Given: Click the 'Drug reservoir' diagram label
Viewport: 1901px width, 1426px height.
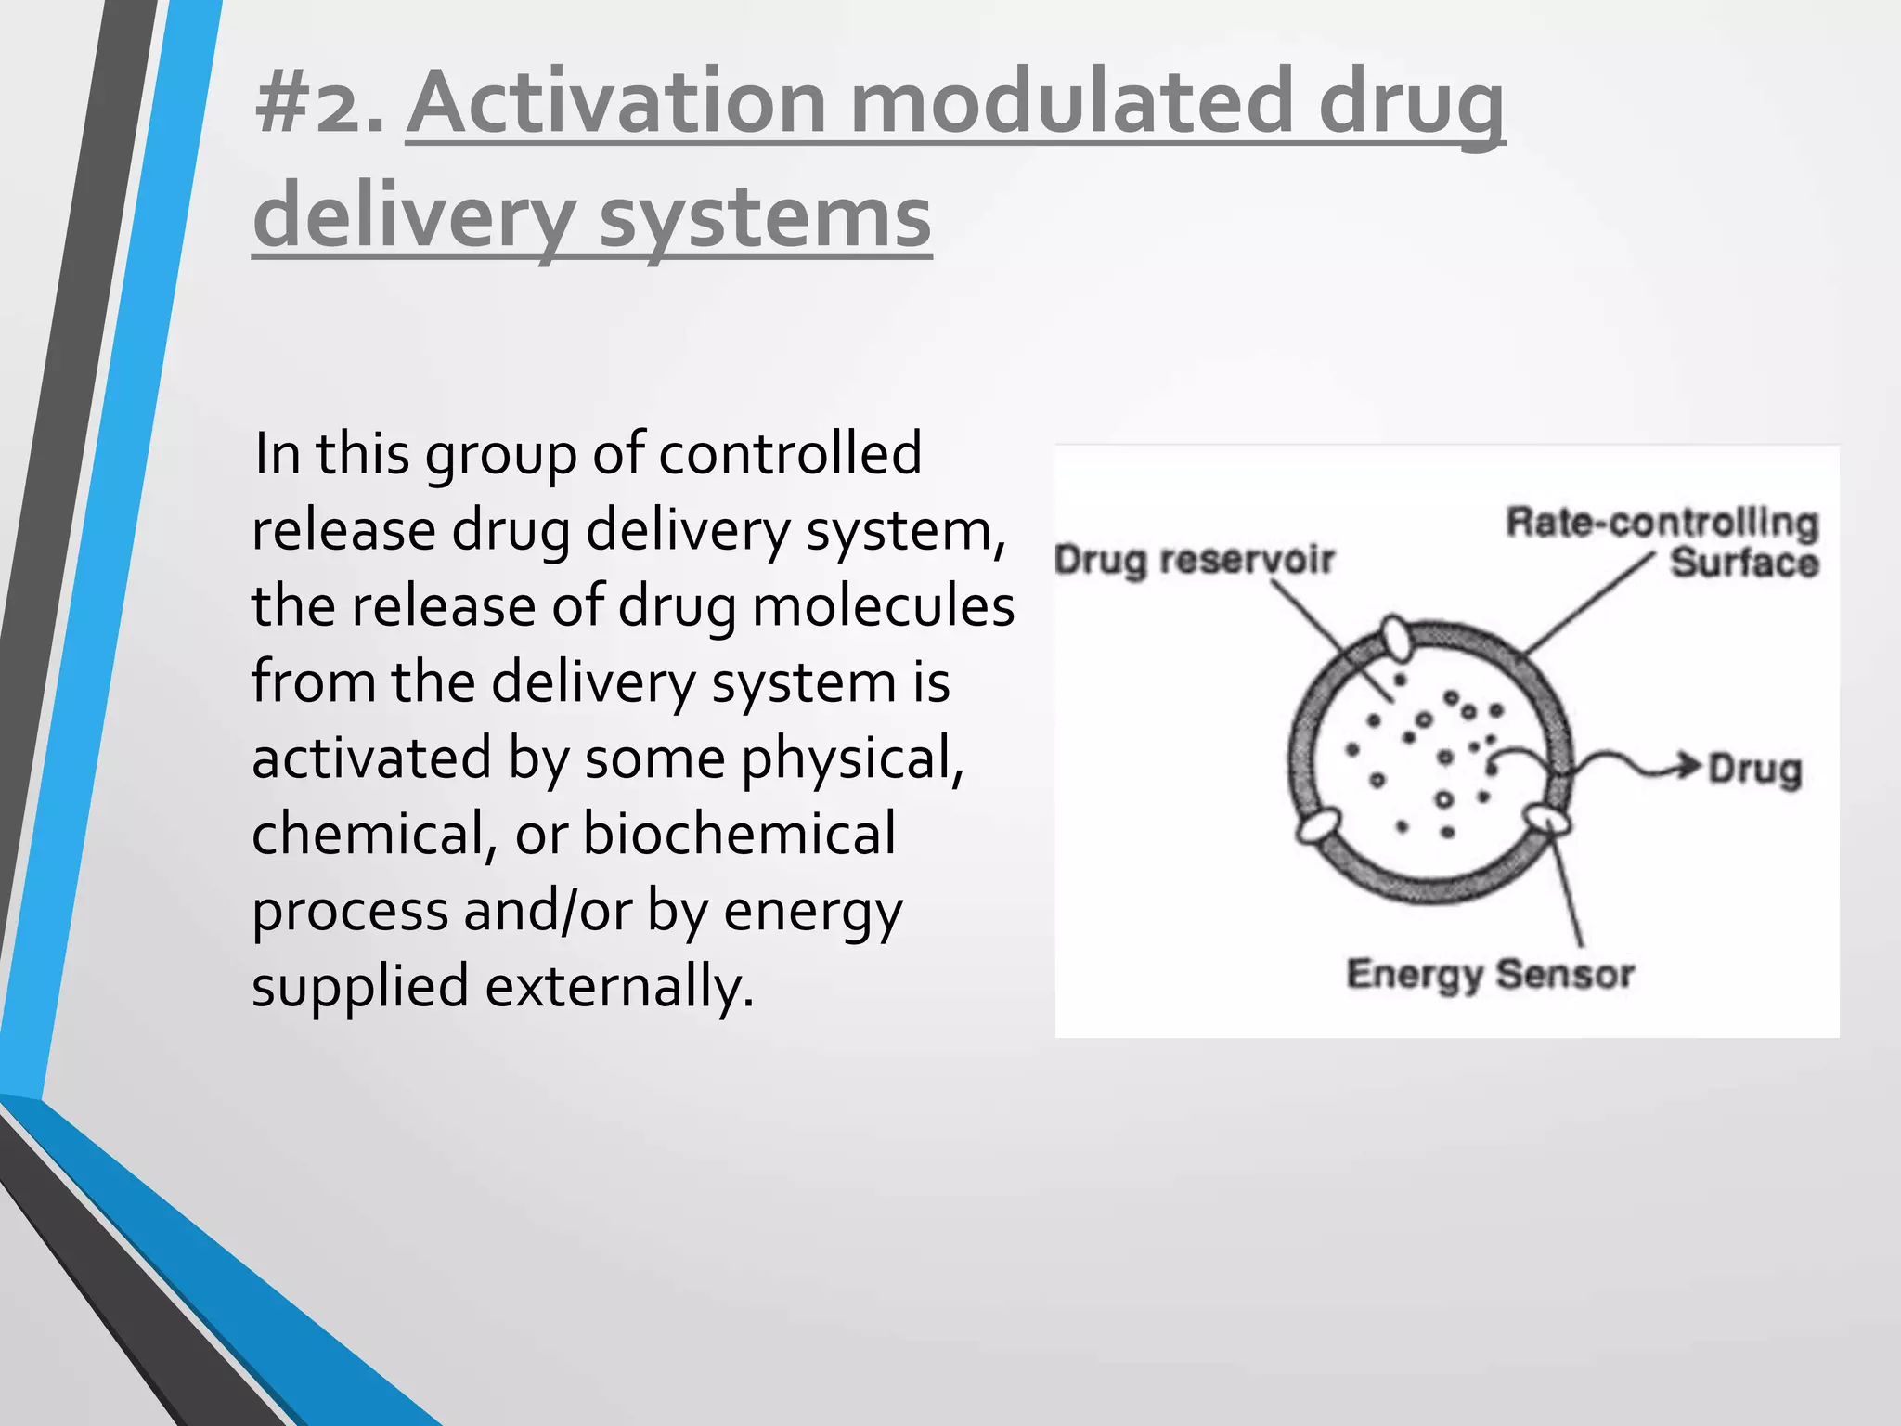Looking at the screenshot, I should click(1195, 561).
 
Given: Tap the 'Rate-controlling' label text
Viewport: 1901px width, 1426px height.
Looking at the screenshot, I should click(1661, 523).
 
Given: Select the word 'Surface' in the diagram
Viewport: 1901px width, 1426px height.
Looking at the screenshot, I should click(1743, 564).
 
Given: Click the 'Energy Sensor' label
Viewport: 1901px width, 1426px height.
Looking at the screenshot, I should click(1490, 975).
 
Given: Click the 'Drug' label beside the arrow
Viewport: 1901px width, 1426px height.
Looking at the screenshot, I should click(1754, 770).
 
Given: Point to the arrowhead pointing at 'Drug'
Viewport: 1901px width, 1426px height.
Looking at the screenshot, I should click(1691, 767).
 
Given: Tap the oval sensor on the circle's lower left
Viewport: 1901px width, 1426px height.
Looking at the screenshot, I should click(1317, 825).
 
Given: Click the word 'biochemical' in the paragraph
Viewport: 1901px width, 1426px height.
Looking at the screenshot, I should click(739, 834).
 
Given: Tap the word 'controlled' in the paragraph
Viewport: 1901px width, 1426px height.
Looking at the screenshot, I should click(790, 454).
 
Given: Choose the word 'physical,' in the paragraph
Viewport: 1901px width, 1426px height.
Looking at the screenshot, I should click(852, 758).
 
